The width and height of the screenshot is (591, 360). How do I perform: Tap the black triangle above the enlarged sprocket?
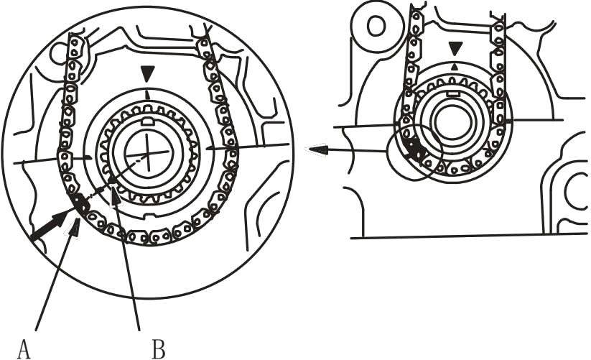pyautogui.click(x=147, y=73)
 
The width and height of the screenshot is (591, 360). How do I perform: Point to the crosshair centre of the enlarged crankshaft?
pyautogui.click(x=147, y=154)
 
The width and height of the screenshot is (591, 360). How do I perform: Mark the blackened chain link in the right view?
pyautogui.click(x=413, y=147)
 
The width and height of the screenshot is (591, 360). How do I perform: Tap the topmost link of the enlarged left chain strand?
pyautogui.click(x=73, y=41)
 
